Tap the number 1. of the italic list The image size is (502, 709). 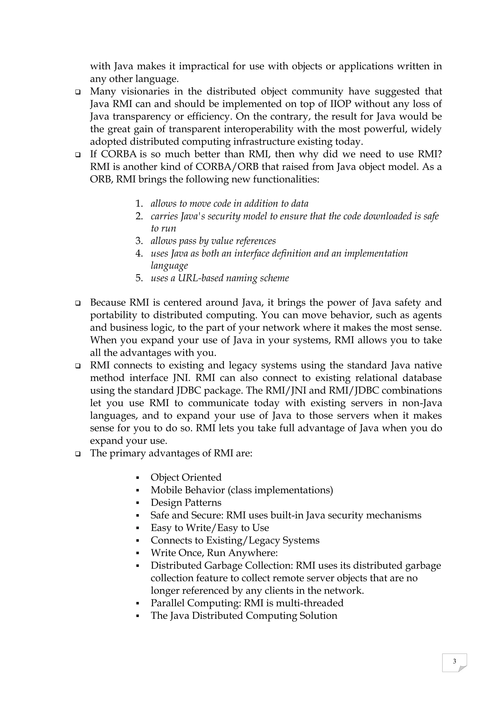(139, 204)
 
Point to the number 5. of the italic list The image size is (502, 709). (139, 278)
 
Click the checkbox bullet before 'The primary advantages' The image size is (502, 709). (78, 454)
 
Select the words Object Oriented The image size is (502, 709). (186, 477)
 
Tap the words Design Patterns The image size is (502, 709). (186, 503)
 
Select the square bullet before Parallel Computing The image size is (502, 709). (138, 603)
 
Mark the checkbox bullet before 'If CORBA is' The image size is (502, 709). (78, 155)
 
